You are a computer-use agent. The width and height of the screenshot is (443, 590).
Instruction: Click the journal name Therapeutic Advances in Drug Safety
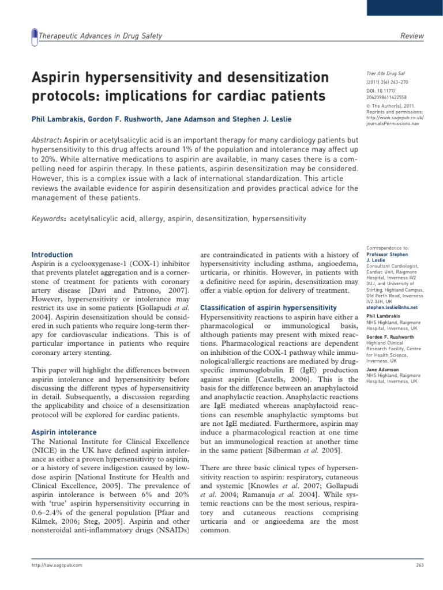point(100,36)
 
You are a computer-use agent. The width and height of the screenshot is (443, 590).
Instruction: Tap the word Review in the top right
point(412,36)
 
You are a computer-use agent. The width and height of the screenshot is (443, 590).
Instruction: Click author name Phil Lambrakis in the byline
point(53,119)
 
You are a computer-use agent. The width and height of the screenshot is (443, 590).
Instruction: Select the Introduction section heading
point(52,255)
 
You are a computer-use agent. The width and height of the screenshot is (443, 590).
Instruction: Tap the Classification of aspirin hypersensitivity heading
point(268,308)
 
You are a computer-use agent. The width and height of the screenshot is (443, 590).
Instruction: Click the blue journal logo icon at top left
point(33,36)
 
